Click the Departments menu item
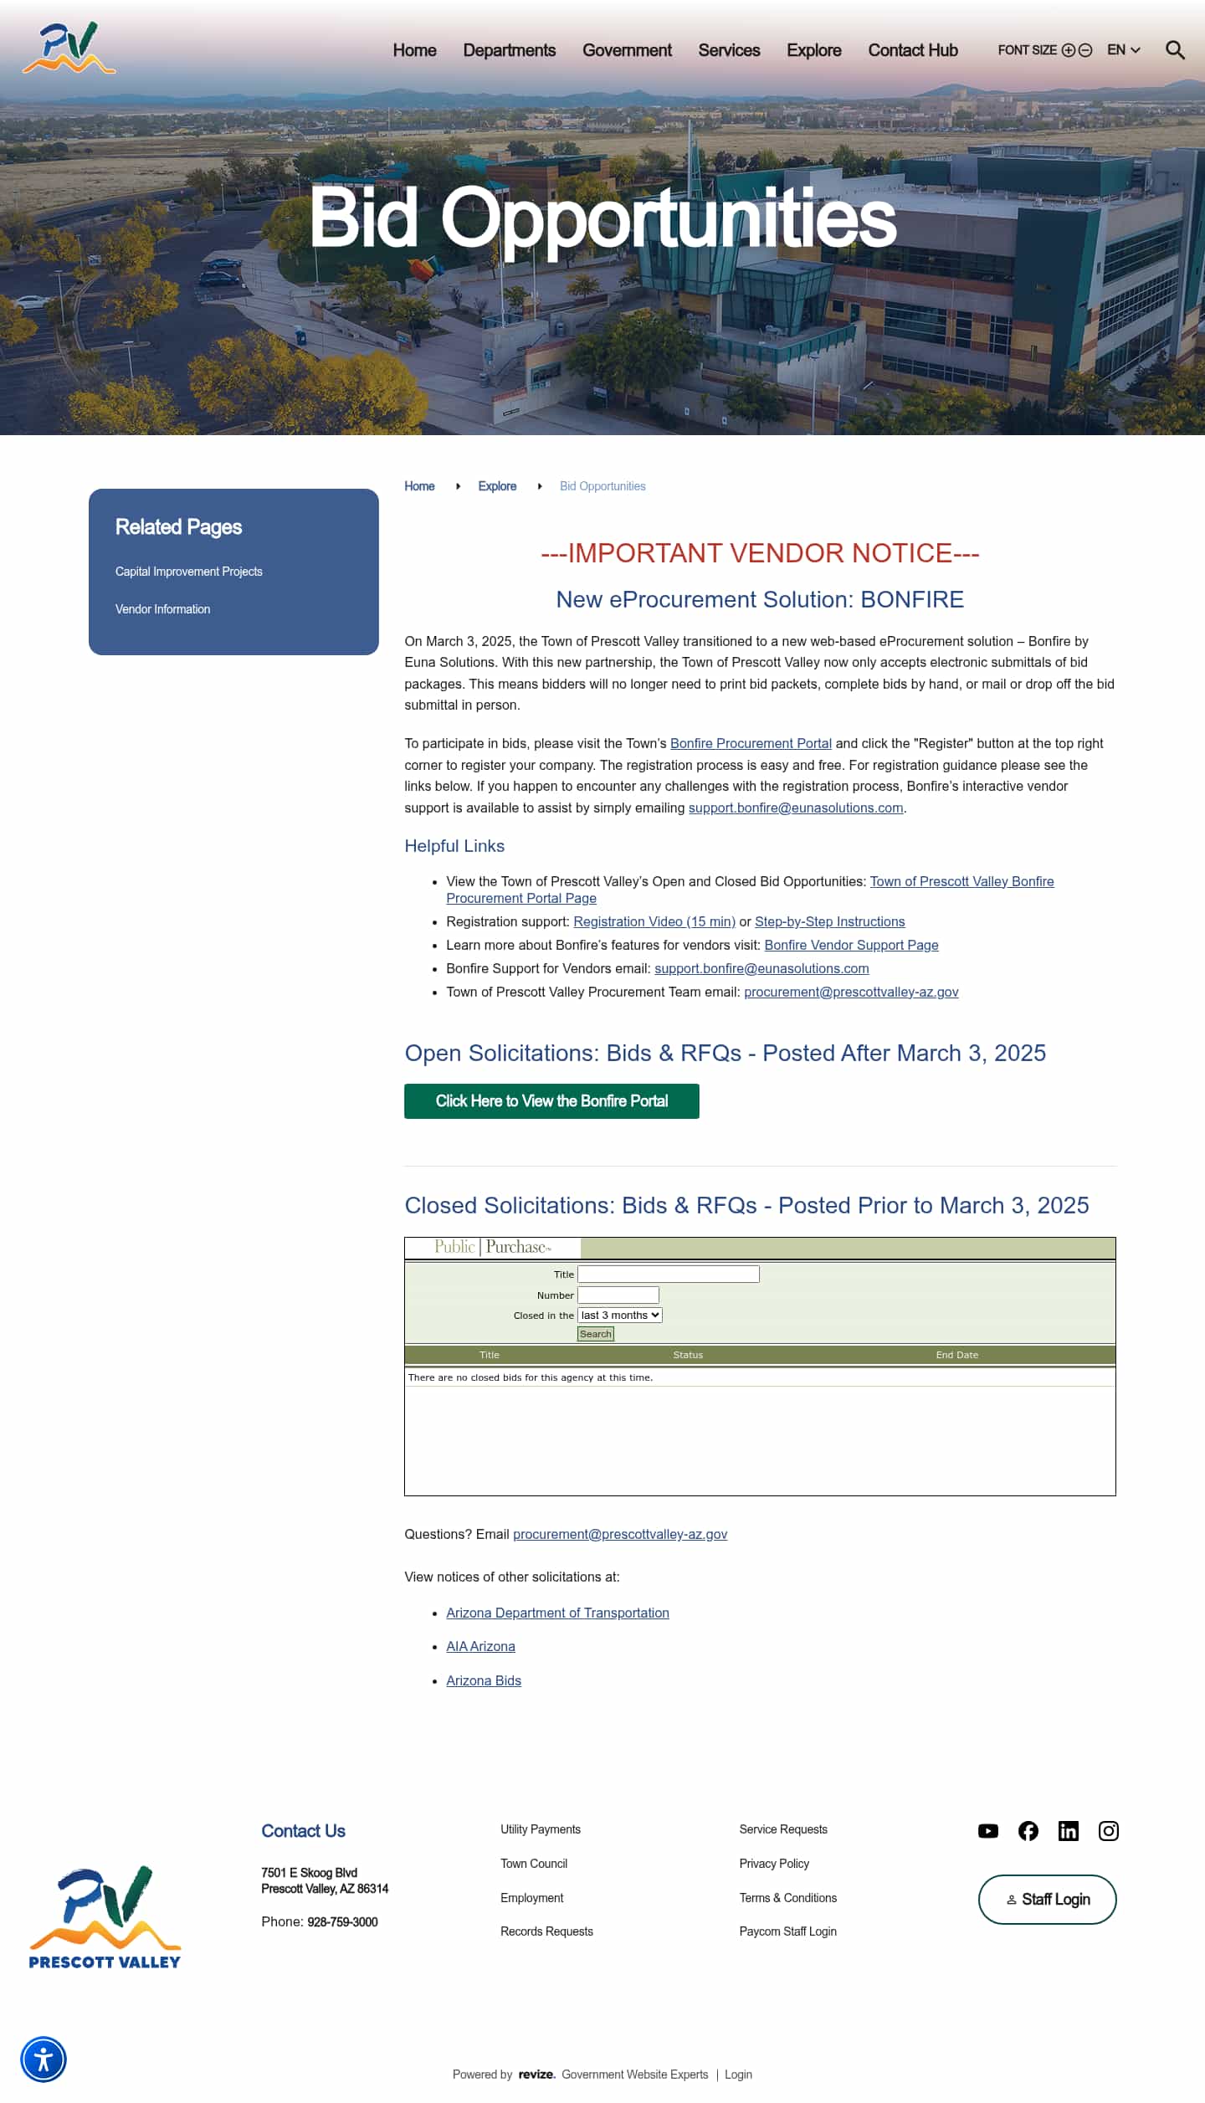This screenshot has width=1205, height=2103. click(x=509, y=50)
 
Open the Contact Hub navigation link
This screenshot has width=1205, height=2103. click(x=912, y=50)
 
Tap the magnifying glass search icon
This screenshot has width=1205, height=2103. click(x=1175, y=50)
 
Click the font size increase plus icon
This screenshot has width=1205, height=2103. click(x=1069, y=50)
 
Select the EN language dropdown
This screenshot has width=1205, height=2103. click(x=1123, y=50)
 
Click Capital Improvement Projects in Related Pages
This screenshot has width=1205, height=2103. click(x=189, y=572)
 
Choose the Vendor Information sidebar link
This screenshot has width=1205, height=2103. click(x=163, y=609)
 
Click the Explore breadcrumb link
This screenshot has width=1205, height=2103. click(x=497, y=486)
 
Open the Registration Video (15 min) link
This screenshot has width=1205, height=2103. click(x=654, y=921)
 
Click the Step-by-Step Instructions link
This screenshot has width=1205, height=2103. click(x=829, y=921)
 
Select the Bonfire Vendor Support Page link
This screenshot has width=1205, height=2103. click(x=851, y=945)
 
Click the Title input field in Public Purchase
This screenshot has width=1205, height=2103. click(x=668, y=1274)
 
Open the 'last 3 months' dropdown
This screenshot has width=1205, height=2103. click(x=619, y=1315)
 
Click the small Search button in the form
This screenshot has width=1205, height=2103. click(x=595, y=1334)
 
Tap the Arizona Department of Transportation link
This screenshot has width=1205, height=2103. click(x=557, y=1613)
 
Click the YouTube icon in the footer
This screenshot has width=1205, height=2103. click(x=987, y=1831)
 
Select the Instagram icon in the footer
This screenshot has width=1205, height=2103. click(x=1108, y=1831)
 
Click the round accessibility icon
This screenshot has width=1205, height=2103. click(x=44, y=2059)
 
